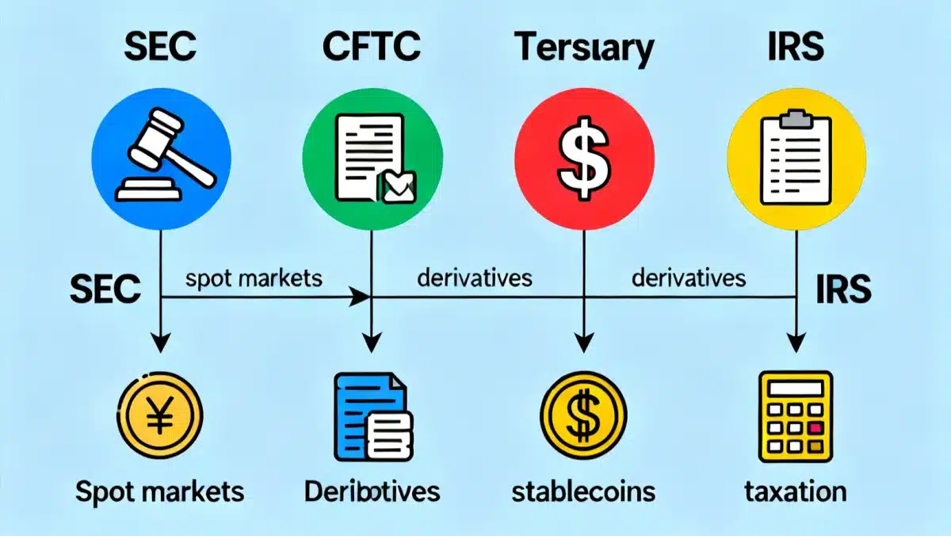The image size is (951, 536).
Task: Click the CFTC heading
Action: (370, 48)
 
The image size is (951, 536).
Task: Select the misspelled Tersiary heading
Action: (584, 50)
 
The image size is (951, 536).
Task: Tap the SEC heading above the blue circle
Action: (161, 48)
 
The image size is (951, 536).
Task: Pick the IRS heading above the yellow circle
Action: (796, 48)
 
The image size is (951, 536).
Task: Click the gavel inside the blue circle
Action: (162, 155)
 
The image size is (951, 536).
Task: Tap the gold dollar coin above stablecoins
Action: (584, 416)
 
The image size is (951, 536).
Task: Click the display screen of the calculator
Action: (796, 390)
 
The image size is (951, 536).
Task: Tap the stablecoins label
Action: (584, 491)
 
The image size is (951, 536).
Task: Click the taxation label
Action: (796, 491)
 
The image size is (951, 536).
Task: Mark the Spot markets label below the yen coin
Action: (160, 492)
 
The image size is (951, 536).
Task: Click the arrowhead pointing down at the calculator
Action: (796, 342)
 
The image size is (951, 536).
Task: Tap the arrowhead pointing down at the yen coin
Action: (161, 342)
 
